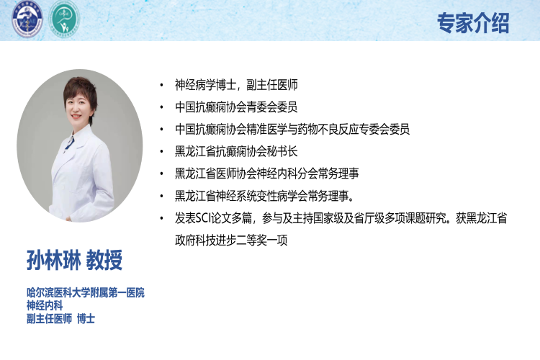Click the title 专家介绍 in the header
473,23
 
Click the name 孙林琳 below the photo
54,260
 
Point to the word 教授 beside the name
104,260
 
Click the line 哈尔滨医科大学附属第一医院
86,293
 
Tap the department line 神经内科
45,305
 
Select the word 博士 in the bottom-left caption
86,319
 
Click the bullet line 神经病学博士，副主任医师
236,85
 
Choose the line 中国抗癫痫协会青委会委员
236,107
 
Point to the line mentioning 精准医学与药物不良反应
292,129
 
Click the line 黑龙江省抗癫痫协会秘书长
236,152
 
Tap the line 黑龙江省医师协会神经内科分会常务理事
267,174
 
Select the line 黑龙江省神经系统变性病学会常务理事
264,196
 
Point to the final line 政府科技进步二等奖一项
231,240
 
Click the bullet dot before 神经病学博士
161,85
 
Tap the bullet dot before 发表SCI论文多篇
161,218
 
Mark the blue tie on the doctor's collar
69,143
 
